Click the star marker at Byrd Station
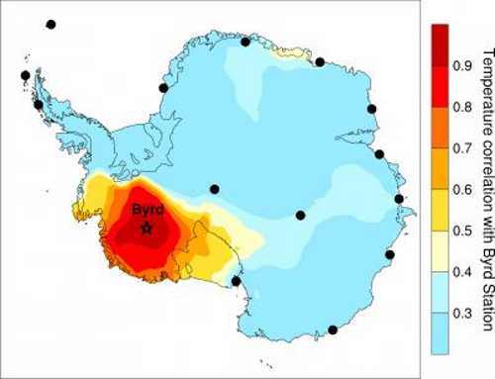[x=147, y=229]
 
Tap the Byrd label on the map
[x=148, y=210]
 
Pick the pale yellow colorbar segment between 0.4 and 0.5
[x=441, y=251]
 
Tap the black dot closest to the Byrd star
[x=214, y=189]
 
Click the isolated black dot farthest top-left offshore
[x=50, y=24]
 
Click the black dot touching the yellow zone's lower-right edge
[x=236, y=281]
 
